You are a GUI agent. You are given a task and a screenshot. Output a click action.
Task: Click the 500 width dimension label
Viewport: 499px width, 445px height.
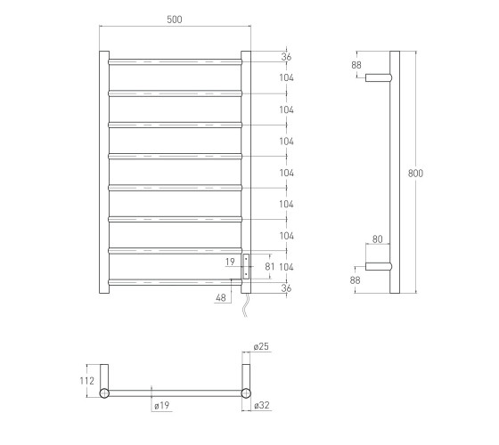click(x=175, y=20)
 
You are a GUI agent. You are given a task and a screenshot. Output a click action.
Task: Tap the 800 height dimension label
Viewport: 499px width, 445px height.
click(x=415, y=174)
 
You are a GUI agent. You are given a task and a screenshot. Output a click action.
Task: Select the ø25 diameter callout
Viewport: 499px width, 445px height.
click(x=261, y=346)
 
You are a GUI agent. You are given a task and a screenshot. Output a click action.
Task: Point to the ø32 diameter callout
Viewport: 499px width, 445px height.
click(x=262, y=405)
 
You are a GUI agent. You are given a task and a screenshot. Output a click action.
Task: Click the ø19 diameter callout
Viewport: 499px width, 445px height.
click(x=161, y=405)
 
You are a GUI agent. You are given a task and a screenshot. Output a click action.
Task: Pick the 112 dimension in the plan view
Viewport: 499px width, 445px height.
click(x=87, y=381)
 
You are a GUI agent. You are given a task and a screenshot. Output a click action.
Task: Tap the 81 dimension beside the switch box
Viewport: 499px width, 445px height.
click(x=269, y=266)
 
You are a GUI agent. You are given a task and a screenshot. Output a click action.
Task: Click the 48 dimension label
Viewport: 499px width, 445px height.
click(x=221, y=298)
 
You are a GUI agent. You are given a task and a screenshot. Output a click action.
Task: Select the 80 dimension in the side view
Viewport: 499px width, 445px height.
click(x=377, y=239)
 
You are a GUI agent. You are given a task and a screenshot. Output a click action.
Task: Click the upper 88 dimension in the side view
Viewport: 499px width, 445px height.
click(x=356, y=65)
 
